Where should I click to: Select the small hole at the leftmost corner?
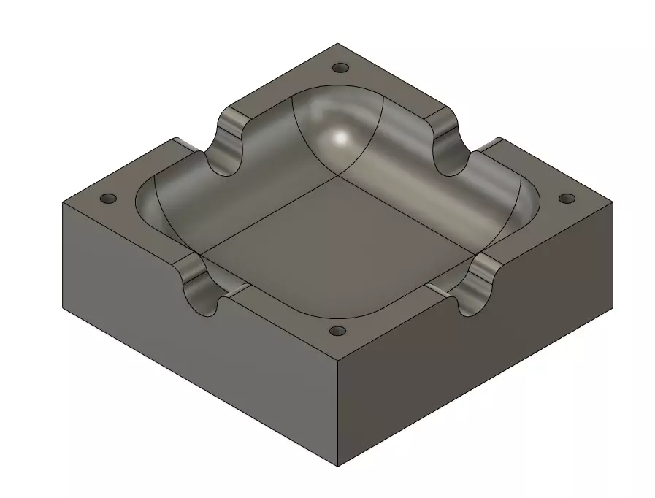point(108,199)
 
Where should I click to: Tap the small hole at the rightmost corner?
point(567,199)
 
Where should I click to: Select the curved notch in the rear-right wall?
point(446,143)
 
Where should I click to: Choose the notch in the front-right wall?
point(476,288)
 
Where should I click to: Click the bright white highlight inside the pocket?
point(340,137)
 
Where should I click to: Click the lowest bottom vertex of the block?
point(338,465)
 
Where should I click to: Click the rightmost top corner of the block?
point(613,201)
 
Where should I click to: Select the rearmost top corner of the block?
point(339,43)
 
